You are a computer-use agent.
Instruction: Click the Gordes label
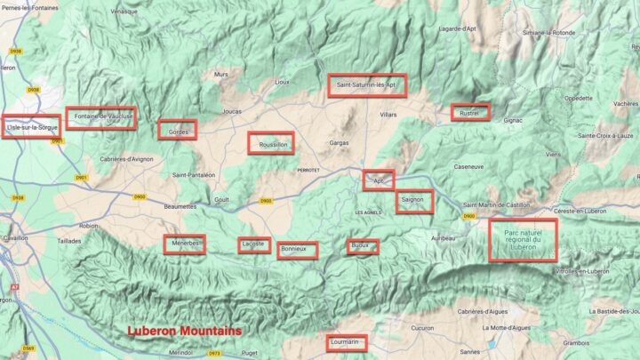coord(178,132)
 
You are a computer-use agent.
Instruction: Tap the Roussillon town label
coord(270,144)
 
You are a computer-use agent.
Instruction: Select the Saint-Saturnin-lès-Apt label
coord(366,85)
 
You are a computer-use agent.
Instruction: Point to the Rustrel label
coord(470,113)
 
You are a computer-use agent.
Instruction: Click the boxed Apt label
coord(379,180)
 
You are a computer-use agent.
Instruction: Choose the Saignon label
coord(414,201)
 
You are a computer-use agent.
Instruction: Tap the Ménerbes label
coord(184,244)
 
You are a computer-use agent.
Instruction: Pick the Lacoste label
coord(254,244)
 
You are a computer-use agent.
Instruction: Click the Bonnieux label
coord(297,250)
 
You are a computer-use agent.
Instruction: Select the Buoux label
coord(362,246)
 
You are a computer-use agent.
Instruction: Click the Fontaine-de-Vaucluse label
coord(101,117)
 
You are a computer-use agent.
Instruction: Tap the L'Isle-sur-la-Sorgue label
coord(31,128)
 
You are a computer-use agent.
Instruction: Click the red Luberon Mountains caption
coord(184,331)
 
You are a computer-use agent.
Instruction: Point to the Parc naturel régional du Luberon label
coord(524,240)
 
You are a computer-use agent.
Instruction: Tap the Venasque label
coord(124,12)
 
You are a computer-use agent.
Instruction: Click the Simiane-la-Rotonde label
coord(550,32)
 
